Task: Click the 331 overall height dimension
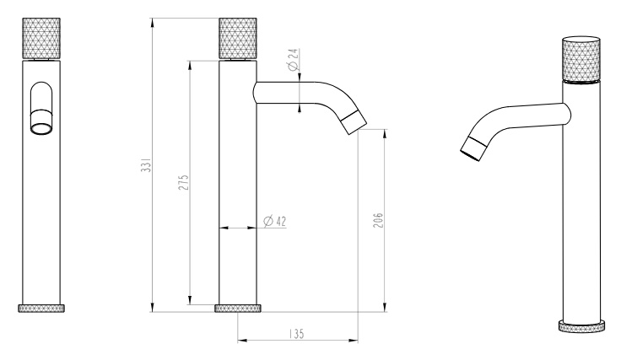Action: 147,165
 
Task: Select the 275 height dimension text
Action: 183,182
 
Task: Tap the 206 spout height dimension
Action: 378,220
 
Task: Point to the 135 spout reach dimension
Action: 296,334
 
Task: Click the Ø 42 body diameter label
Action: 275,221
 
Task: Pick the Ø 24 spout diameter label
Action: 293,59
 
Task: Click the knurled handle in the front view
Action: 41,39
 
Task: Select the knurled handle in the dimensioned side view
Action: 238,39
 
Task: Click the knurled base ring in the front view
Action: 41,309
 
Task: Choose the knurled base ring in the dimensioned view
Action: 238,309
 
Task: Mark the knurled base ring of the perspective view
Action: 582,326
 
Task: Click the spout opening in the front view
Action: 41,128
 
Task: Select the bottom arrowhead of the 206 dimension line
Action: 384,308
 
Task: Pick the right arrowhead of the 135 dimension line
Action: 354,340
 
